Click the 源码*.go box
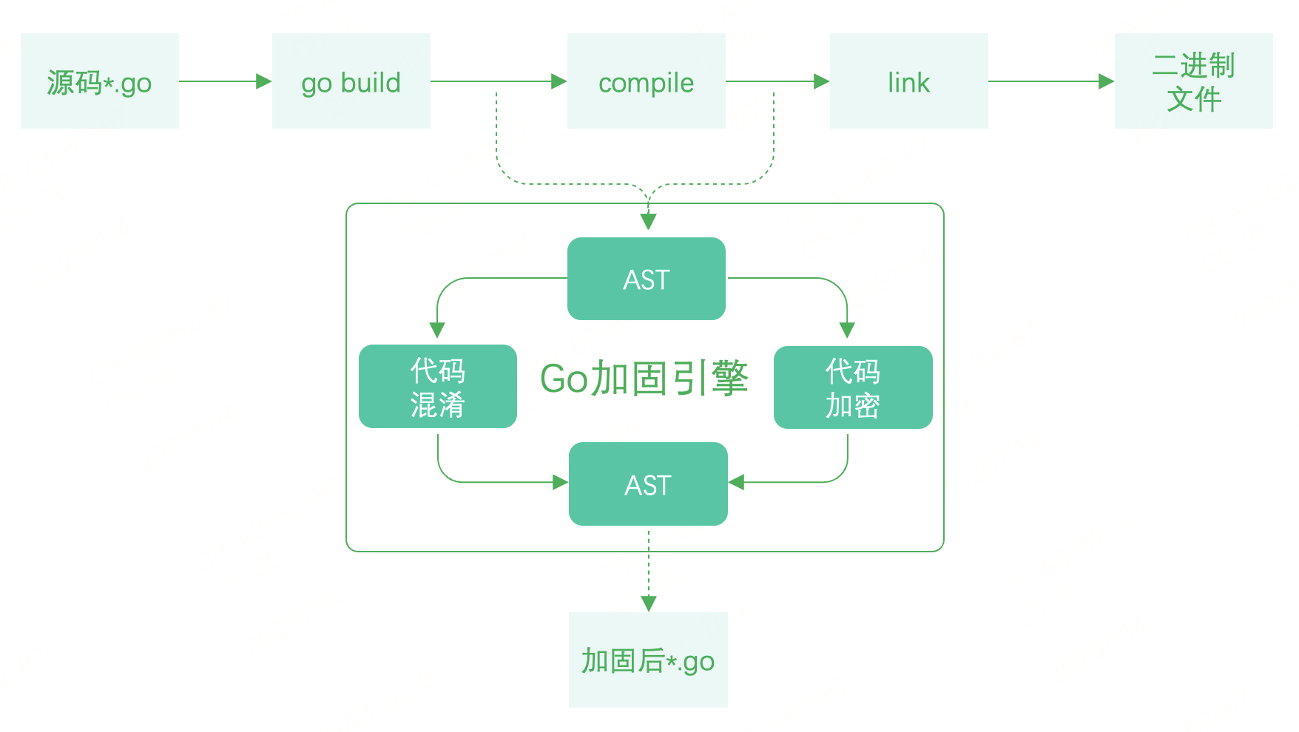point(100,81)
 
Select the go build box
point(351,81)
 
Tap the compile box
point(646,81)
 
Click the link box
point(908,81)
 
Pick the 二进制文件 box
point(1193,81)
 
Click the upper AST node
point(646,279)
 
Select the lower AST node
point(648,484)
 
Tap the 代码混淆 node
point(437,387)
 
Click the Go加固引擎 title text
point(644,379)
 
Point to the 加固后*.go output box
point(648,660)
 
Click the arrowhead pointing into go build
point(263,81)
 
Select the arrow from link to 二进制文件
point(1050,81)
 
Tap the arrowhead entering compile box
point(559,81)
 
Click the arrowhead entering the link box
point(821,81)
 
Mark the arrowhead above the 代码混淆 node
point(437,330)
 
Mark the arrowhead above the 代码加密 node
point(847,330)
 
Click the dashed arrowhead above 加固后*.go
point(649,603)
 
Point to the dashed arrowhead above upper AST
point(649,221)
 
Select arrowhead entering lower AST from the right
point(737,482)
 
